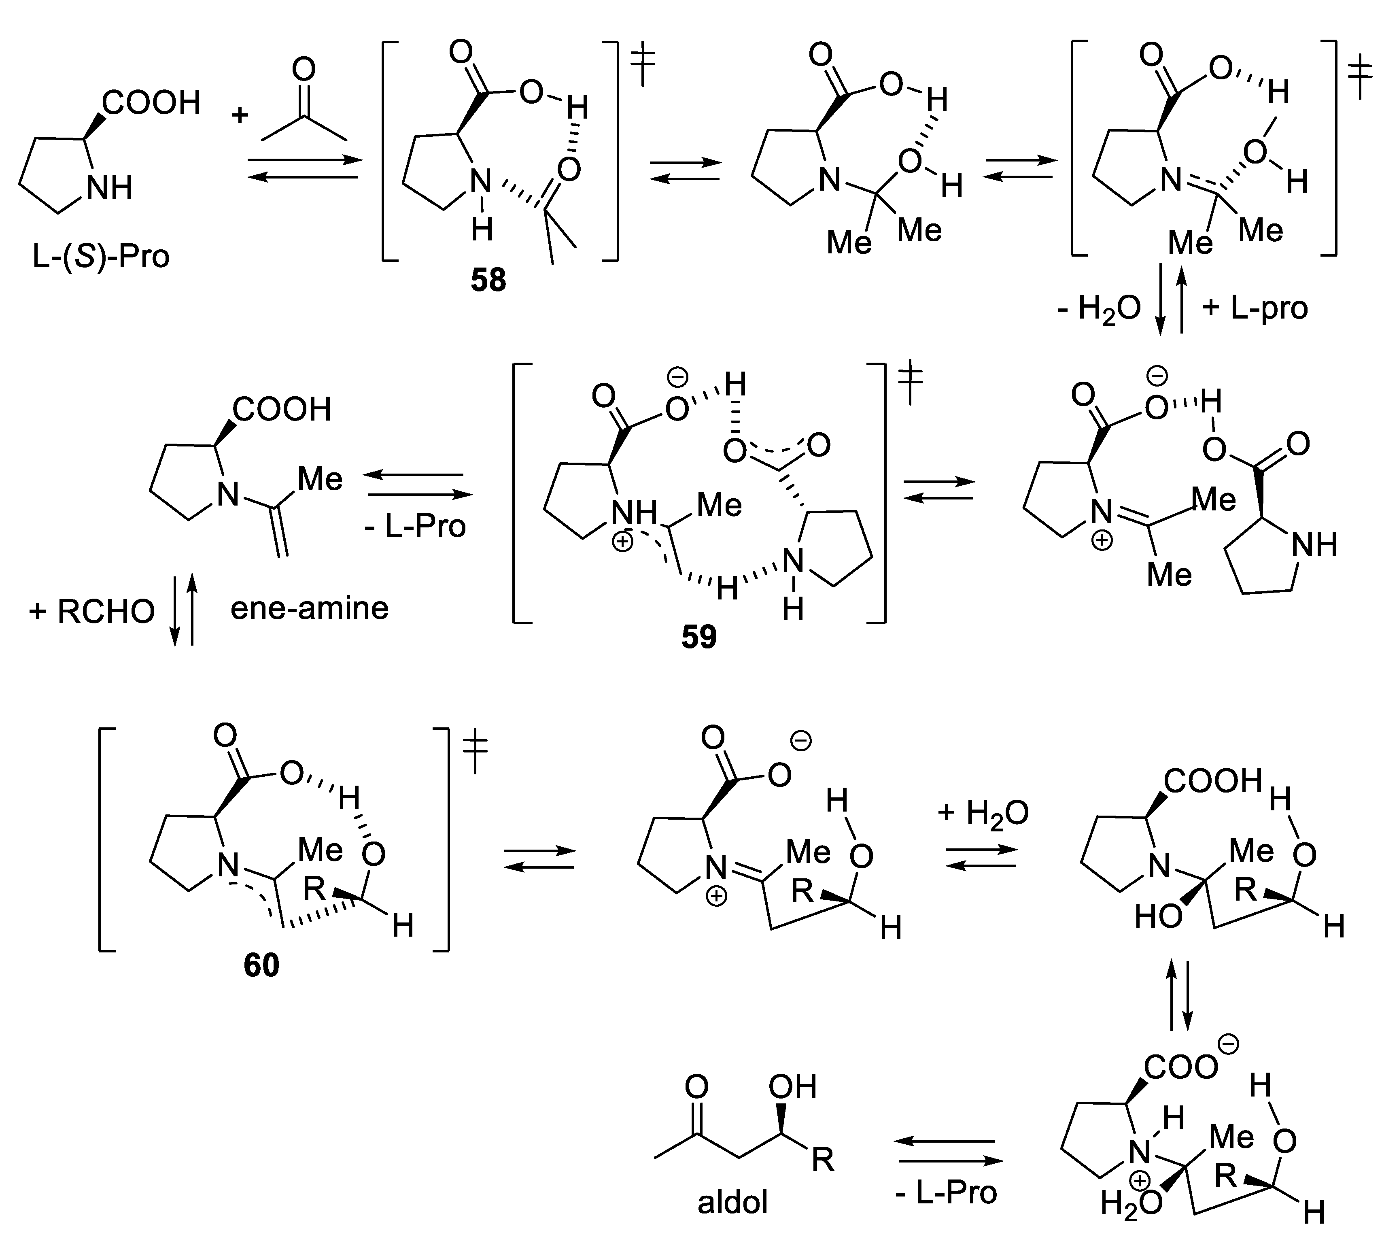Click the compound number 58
tap(488, 280)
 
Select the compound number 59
tap(699, 637)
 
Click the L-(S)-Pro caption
tap(101, 257)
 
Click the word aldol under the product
tap(732, 1201)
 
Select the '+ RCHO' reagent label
tap(92, 611)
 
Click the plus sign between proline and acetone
tap(240, 115)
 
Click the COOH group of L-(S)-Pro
tap(151, 103)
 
